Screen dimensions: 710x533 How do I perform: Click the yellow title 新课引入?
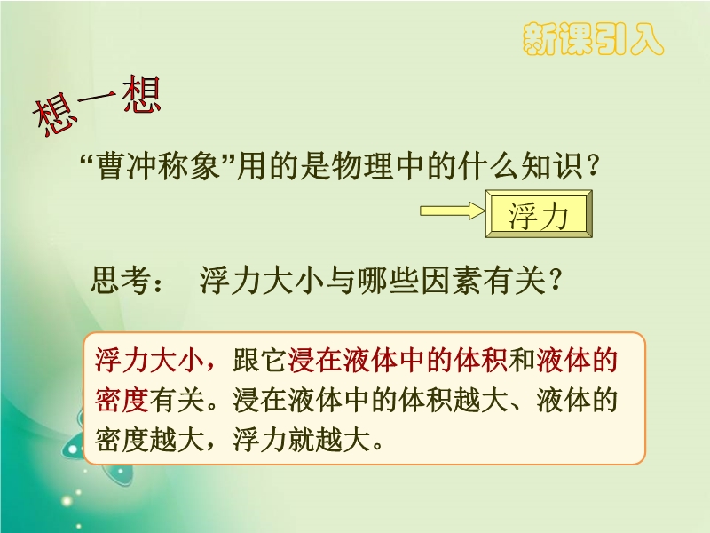pyautogui.click(x=593, y=39)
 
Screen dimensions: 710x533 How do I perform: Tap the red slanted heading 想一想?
pyautogui.click(x=97, y=105)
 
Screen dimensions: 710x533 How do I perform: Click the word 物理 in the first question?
pyautogui.click(x=362, y=165)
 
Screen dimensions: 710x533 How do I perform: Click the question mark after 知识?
pyautogui.click(x=593, y=166)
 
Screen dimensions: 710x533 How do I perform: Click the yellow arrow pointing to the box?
pyautogui.click(x=453, y=211)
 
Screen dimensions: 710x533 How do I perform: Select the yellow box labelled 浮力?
pyautogui.click(x=539, y=214)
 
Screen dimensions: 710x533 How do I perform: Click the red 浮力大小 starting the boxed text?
pyautogui.click(x=149, y=361)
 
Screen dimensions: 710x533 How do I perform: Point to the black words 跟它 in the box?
pyautogui.click(x=260, y=361)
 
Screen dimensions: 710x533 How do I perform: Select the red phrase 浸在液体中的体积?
pyautogui.click(x=398, y=361)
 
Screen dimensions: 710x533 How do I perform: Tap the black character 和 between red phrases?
pyautogui.click(x=522, y=361)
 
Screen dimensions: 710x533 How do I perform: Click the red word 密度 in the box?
pyautogui.click(x=122, y=401)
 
